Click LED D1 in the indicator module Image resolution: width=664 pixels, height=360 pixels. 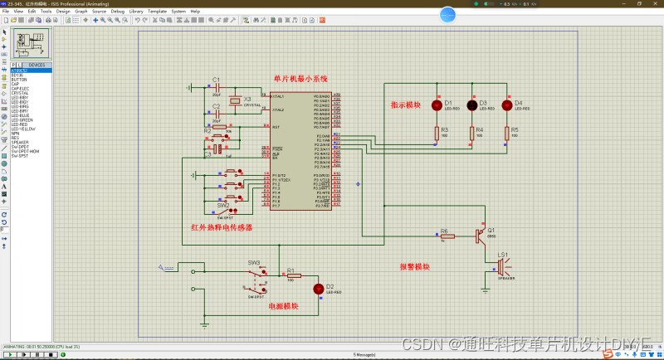(437, 105)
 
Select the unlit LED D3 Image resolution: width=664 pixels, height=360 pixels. (472, 105)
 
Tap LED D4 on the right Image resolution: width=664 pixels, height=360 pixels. (507, 105)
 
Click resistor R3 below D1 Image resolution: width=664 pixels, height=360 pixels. (437, 132)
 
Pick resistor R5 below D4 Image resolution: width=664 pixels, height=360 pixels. (507, 132)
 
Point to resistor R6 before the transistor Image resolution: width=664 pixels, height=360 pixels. (446, 236)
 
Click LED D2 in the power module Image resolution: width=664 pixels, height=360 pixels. (318, 289)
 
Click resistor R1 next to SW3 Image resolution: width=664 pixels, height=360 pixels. (291, 275)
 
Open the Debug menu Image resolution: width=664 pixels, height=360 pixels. (117, 11)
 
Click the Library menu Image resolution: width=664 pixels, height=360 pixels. (136, 11)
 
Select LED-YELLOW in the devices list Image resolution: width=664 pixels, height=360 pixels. (23, 129)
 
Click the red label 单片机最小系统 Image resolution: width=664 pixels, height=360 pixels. (300, 79)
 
